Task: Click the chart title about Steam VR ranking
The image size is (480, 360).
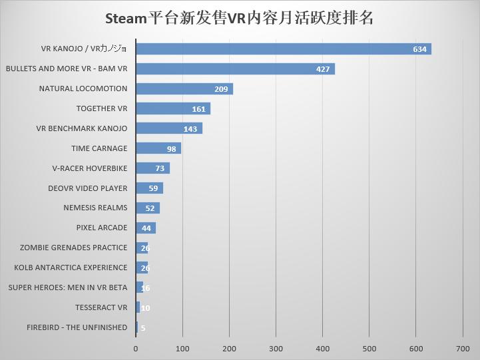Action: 240,18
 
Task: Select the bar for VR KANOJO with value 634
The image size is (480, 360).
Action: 283,49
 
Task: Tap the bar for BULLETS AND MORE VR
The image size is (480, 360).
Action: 235,69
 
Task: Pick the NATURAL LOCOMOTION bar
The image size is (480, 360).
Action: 184,89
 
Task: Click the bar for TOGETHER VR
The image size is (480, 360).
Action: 172,108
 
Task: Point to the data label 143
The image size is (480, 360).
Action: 190,128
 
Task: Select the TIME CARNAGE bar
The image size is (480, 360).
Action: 158,148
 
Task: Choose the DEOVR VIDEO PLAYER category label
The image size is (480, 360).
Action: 87,188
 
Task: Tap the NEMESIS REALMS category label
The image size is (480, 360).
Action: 95,208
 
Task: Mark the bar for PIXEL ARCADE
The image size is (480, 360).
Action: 145,228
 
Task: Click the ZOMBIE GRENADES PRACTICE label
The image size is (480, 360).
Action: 73,248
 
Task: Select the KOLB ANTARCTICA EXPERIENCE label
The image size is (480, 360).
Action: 71,268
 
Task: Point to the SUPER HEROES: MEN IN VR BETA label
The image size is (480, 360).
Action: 67,287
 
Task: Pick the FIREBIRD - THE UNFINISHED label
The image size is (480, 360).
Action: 77,327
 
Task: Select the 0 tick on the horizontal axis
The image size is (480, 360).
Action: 136,348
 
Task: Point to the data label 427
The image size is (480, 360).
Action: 324,69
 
